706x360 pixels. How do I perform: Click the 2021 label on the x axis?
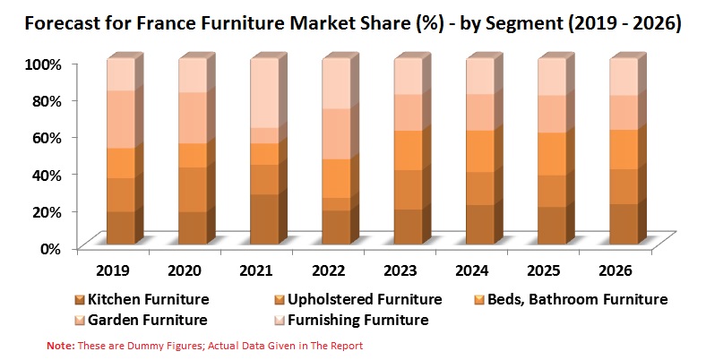(x=256, y=271)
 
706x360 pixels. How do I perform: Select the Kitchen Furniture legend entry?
(x=142, y=300)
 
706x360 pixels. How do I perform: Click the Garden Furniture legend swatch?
(x=80, y=321)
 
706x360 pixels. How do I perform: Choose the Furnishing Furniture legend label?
(x=358, y=320)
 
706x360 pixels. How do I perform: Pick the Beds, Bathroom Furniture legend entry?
(x=571, y=300)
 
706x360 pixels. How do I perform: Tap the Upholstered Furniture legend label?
(x=365, y=300)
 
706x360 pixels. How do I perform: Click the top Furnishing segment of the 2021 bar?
(x=265, y=93)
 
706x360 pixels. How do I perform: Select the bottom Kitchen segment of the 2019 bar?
(x=121, y=227)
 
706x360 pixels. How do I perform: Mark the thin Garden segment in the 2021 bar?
(x=265, y=136)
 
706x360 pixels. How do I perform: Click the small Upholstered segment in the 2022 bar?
(x=336, y=204)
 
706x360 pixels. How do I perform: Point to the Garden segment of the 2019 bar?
(x=121, y=120)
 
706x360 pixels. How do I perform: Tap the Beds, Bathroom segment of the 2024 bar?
(x=480, y=151)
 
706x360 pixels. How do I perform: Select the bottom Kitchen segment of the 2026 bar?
(x=624, y=224)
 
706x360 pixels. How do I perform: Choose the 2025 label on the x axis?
(x=544, y=271)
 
